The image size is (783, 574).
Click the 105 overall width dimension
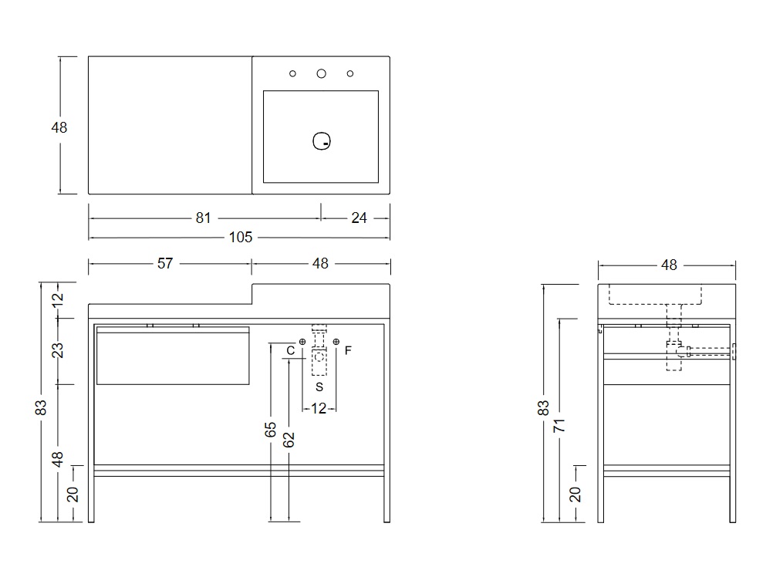241,238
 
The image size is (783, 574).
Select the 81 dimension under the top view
203,218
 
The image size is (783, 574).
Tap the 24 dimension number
359,218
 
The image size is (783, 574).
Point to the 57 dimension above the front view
165,264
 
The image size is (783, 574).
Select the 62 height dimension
289,440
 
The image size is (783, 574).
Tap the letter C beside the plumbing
290,351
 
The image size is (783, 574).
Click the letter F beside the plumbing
348,351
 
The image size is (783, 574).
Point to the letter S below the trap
319,386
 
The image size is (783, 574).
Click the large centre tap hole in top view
322,73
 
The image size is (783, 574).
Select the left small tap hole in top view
293,74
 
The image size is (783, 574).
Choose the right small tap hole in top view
350,74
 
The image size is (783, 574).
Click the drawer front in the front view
173,356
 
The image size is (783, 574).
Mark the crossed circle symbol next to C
302,342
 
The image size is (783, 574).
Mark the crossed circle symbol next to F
336,342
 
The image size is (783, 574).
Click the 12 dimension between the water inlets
319,408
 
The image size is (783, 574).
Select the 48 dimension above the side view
669,265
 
